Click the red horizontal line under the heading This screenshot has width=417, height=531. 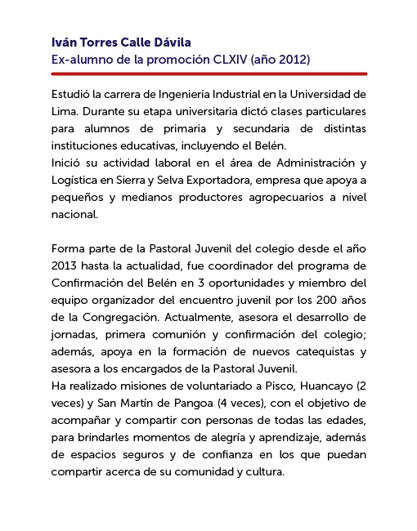pyautogui.click(x=208, y=74)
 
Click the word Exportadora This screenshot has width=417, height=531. pyautogui.click(x=214, y=180)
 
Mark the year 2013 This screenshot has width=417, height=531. pyautogui.click(x=65, y=265)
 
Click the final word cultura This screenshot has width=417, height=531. pyautogui.click(x=262, y=471)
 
